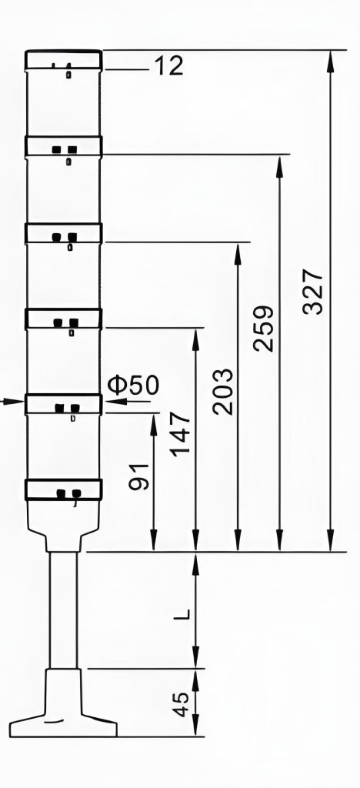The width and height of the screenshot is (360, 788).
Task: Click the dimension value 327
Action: tap(313, 292)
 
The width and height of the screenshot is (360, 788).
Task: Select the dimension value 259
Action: tap(264, 328)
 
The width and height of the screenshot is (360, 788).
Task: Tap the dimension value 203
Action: tap(222, 392)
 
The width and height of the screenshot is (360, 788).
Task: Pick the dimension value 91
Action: tap(139, 476)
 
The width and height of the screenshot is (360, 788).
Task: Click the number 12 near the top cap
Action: tap(168, 66)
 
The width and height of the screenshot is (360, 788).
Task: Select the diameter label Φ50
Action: tap(133, 385)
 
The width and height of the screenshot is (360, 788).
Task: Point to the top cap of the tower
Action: tap(64, 59)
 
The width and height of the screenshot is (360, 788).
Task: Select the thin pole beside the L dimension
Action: tap(64, 610)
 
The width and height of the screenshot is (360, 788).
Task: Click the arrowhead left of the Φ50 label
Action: tap(116, 401)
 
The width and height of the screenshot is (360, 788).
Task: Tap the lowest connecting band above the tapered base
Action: tap(64, 489)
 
